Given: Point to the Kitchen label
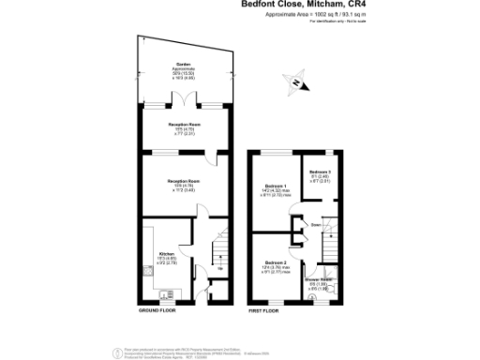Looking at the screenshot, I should pyautogui.click(x=166, y=253).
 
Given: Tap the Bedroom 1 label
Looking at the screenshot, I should pyautogui.click(x=274, y=186).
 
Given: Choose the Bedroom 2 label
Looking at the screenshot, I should pyautogui.click(x=274, y=262).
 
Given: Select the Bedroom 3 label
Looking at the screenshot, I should pyautogui.click(x=320, y=172).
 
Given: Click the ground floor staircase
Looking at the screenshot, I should pyautogui.click(x=217, y=252).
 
